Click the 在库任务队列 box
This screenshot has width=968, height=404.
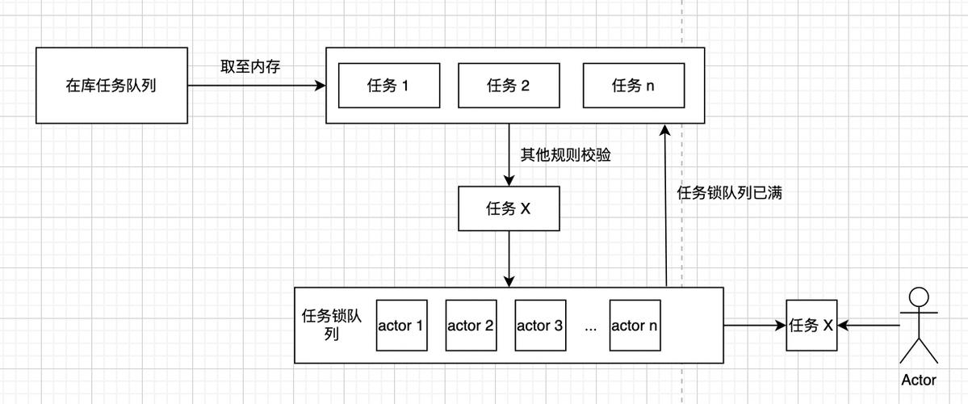[111, 86]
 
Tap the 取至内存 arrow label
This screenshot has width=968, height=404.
[250, 67]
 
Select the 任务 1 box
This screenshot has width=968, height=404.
[388, 86]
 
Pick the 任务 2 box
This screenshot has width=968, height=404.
[509, 86]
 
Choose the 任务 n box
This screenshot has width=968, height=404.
[634, 86]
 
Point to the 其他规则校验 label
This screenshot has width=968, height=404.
[565, 154]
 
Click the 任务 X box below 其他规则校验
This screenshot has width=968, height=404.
[509, 208]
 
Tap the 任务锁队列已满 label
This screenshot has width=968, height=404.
[729, 193]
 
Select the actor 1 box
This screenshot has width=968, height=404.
[401, 326]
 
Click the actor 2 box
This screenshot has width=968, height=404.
[471, 326]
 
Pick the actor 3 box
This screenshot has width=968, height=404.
[539, 326]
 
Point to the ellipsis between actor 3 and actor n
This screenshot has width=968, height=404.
[590, 326]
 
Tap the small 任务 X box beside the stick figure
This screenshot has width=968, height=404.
[811, 326]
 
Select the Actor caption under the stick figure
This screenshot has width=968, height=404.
[919, 380]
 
